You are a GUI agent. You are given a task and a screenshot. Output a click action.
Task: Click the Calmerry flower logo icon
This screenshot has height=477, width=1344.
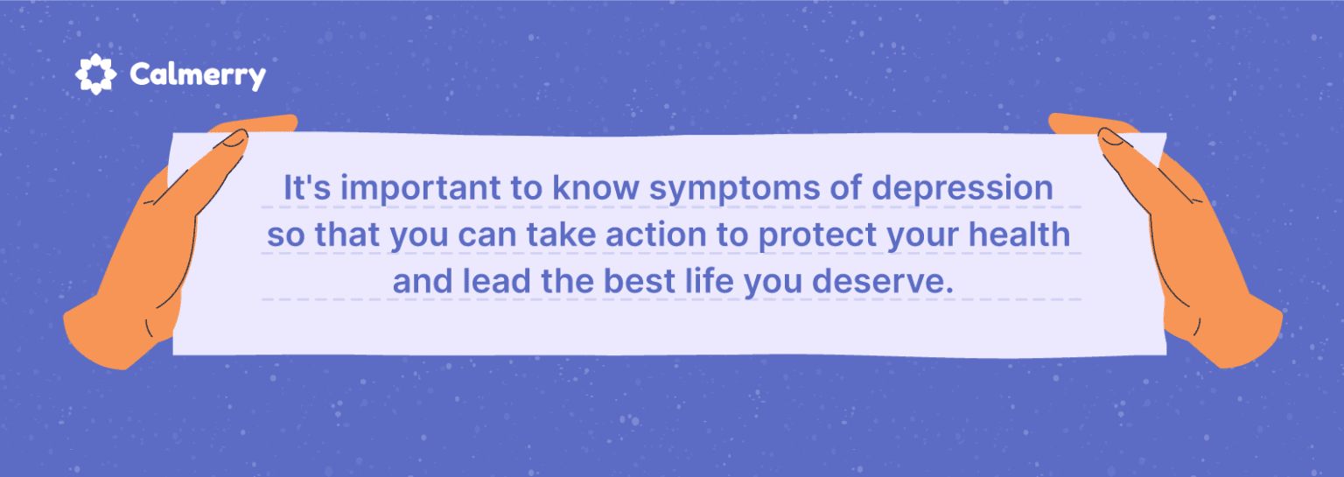tap(95, 74)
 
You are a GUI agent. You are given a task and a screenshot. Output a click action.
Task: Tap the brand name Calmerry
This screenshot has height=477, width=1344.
tap(197, 75)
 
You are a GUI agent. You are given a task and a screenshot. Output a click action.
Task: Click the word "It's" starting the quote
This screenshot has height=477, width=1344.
tap(303, 189)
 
